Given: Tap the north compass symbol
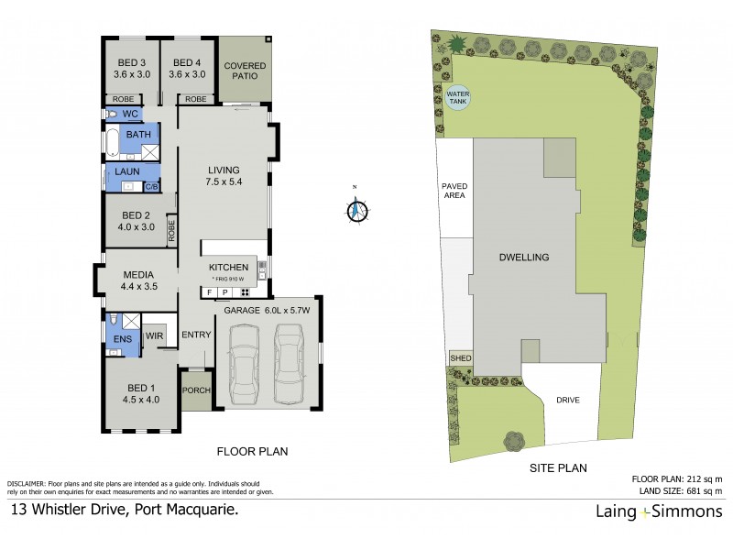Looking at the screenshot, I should click(356, 209).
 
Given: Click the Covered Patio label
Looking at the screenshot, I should click(246, 71).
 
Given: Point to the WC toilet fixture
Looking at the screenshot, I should click(111, 115).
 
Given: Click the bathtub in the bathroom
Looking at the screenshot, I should click(111, 144).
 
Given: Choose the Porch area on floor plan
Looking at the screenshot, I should click(197, 390).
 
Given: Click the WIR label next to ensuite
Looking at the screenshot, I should click(155, 337).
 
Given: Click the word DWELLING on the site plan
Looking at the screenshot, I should click(524, 258).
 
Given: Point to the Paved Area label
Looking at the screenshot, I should click(454, 190).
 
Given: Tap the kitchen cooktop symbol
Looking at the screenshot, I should click(245, 292).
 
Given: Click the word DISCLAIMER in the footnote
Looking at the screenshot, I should click(28, 483).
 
